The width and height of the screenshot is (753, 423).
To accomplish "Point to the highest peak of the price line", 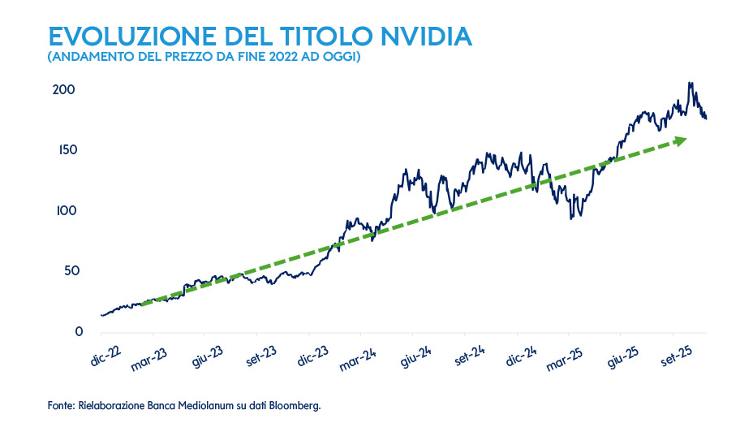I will pyautogui.click(x=691, y=83).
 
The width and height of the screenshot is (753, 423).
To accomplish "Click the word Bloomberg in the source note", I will pyautogui.click(x=295, y=405).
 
